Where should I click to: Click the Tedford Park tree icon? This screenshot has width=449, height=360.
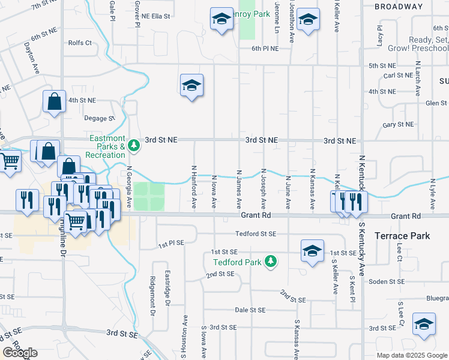coord(271,261)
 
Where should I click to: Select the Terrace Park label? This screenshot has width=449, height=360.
coord(402,236)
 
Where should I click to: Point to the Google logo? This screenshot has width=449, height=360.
coord(20,353)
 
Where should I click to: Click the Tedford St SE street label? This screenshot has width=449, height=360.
coord(256,234)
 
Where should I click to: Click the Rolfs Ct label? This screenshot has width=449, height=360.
coord(80,43)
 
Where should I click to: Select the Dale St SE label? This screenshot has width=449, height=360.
coord(250,310)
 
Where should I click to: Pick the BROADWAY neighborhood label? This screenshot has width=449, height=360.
coord(398,7)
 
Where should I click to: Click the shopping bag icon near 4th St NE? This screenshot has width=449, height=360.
coord(54,102)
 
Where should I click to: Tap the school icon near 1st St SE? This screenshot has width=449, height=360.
coord(312,252)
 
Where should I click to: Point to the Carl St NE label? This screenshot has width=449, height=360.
coord(399,76)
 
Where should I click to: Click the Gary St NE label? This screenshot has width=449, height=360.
coord(398,125)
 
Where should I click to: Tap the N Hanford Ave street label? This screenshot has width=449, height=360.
coord(194,187)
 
